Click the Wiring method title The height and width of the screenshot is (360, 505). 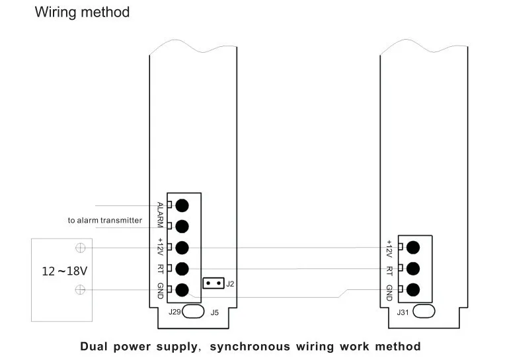(82, 12)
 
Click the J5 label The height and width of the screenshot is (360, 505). (215, 312)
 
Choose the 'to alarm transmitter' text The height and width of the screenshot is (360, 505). (104, 220)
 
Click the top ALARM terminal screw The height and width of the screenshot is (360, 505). (182, 205)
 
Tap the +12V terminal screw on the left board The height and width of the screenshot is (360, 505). (182, 248)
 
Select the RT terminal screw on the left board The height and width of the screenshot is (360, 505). (182, 268)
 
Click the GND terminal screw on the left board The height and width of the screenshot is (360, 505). (182, 289)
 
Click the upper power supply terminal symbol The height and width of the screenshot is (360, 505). (80, 248)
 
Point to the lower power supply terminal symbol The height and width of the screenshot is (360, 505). (80, 289)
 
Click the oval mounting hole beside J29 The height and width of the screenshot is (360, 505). (194, 311)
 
